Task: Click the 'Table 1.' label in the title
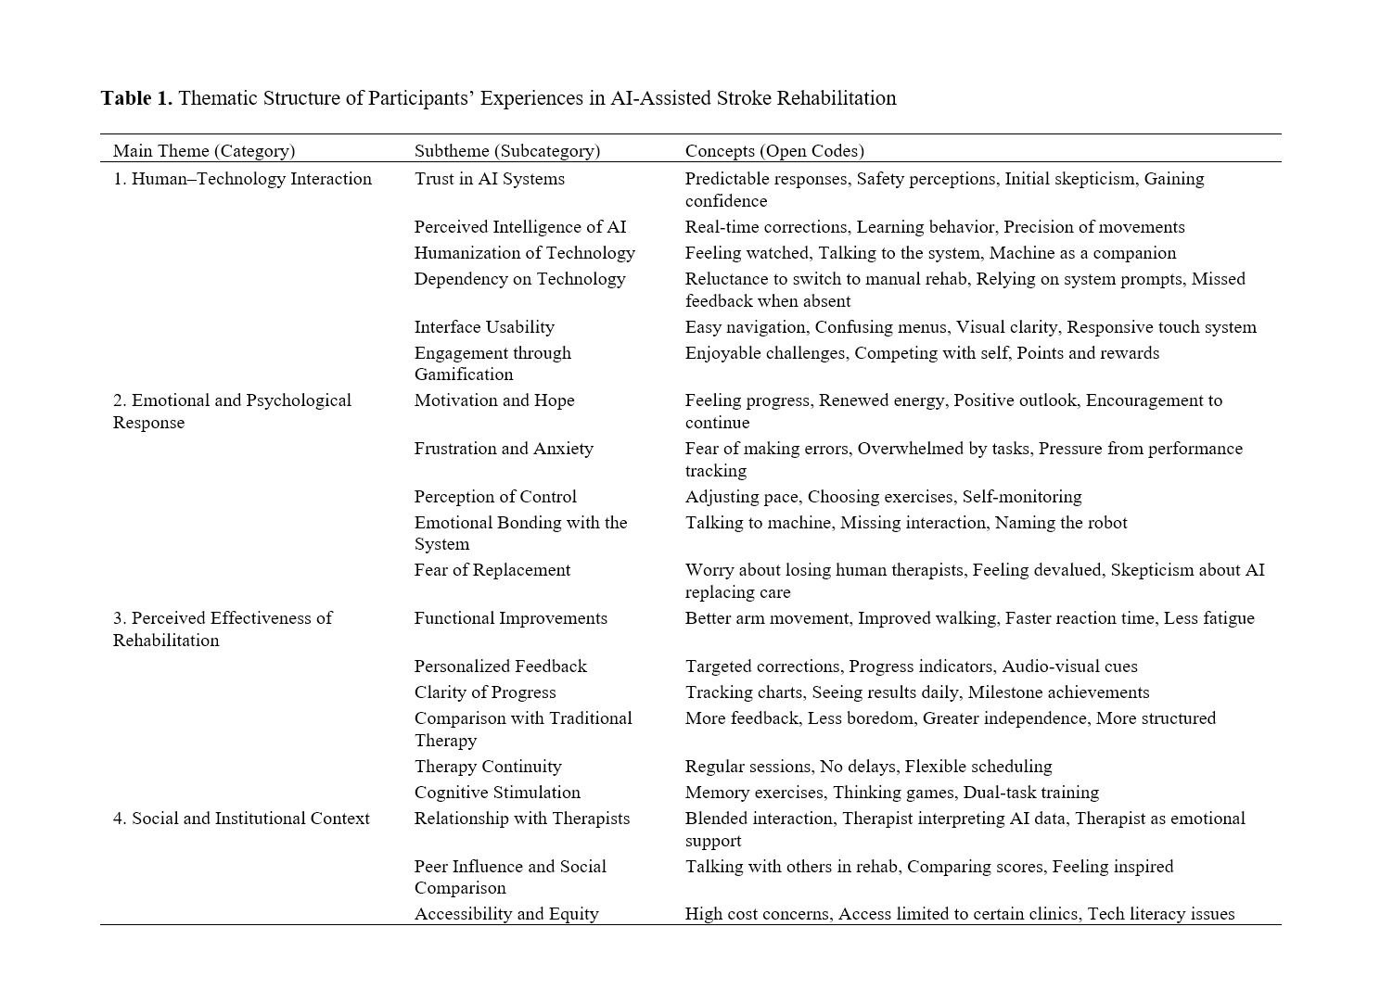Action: tap(136, 98)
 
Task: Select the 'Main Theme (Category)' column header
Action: tap(204, 150)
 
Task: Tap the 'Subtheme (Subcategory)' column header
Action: tap(506, 150)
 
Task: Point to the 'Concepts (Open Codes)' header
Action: tap(773, 150)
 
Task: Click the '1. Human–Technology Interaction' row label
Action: tap(242, 179)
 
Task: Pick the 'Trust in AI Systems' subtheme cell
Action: tap(489, 179)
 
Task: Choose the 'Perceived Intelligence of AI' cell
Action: tap(519, 227)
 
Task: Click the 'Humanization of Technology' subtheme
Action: tap(524, 253)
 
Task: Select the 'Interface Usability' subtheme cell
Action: tap(484, 327)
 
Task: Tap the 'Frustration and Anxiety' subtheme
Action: tap(504, 449)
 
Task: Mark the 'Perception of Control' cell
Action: tap(495, 497)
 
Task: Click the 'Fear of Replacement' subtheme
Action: tap(492, 570)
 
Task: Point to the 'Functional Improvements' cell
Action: tap(510, 618)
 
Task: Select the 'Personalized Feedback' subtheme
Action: tap(500, 667)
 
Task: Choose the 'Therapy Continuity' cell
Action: tap(488, 767)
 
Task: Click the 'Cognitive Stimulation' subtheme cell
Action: tap(497, 793)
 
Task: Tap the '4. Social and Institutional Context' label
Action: tap(241, 819)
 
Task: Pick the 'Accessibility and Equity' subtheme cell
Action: tap(506, 914)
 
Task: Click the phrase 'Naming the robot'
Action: tap(1061, 523)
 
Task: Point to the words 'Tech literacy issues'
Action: tap(1160, 914)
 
